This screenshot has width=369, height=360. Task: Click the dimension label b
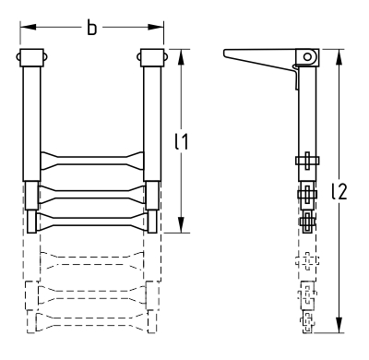point(91,28)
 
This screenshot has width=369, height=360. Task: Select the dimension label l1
point(181,141)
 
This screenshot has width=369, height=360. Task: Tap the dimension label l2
point(339,191)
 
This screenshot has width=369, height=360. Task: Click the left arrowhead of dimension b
point(29,28)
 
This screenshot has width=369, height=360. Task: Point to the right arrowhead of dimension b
point(156,28)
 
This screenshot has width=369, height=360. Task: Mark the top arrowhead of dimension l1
point(181,57)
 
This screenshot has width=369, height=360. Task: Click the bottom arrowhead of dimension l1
point(181,225)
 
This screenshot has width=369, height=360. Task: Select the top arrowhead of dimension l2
point(339,57)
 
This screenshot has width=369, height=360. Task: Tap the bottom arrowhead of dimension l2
point(339,325)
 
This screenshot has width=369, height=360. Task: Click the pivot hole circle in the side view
point(307,56)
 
